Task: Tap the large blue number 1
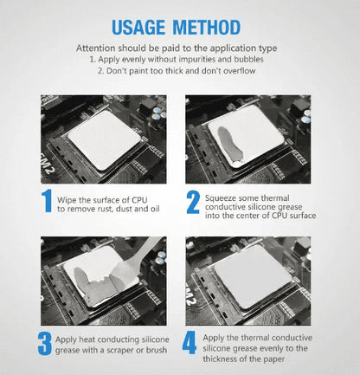[x=47, y=202]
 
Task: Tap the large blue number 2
[x=192, y=202]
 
